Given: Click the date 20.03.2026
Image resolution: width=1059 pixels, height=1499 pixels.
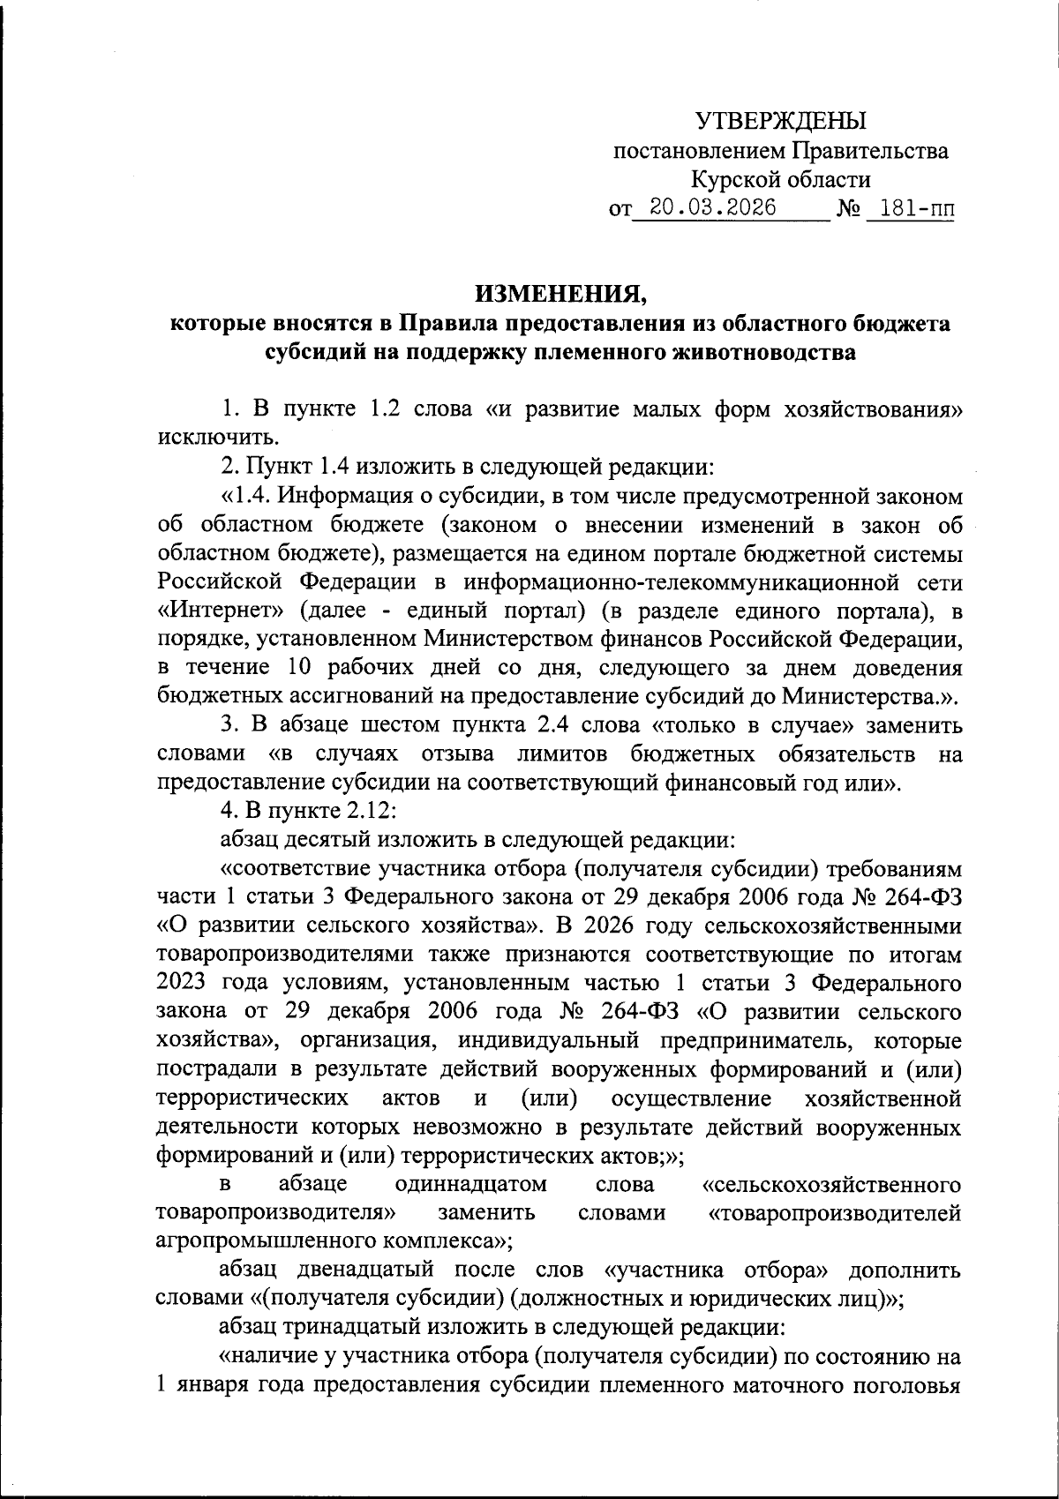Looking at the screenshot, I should (712, 208).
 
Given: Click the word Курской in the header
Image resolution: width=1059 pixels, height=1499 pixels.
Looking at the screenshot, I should (732, 180).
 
